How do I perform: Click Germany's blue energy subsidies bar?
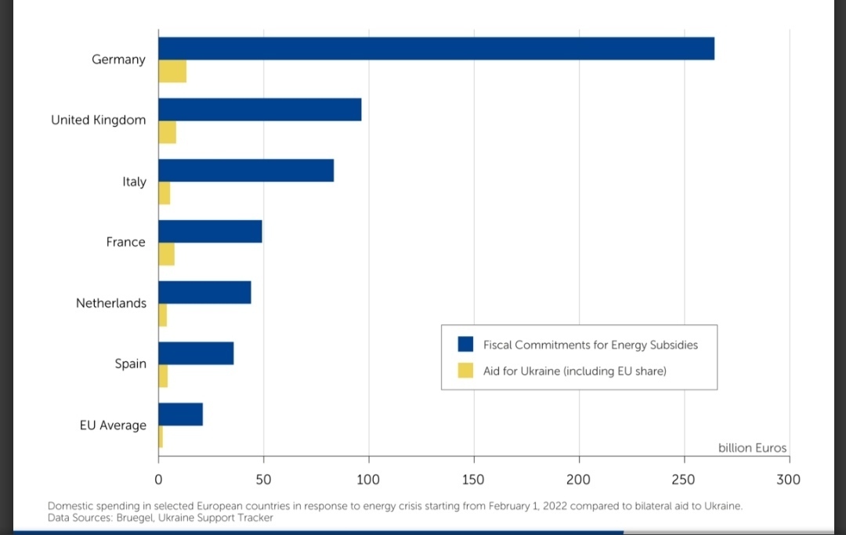436,49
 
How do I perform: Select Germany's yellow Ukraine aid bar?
172,71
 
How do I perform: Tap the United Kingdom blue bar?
260,110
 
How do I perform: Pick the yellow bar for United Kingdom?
167,132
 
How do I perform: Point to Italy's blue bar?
246,171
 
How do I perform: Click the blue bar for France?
210,232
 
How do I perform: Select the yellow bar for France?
166,255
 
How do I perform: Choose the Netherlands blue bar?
204,292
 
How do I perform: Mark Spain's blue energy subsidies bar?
196,353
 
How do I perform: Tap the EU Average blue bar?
181,414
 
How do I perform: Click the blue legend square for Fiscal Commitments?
466,345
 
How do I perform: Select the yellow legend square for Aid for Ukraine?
466,371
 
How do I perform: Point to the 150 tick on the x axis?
473,479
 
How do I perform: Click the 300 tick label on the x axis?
788,479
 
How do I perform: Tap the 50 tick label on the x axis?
263,479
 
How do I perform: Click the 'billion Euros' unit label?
752,448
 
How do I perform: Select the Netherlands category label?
111,303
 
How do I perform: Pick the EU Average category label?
113,425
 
